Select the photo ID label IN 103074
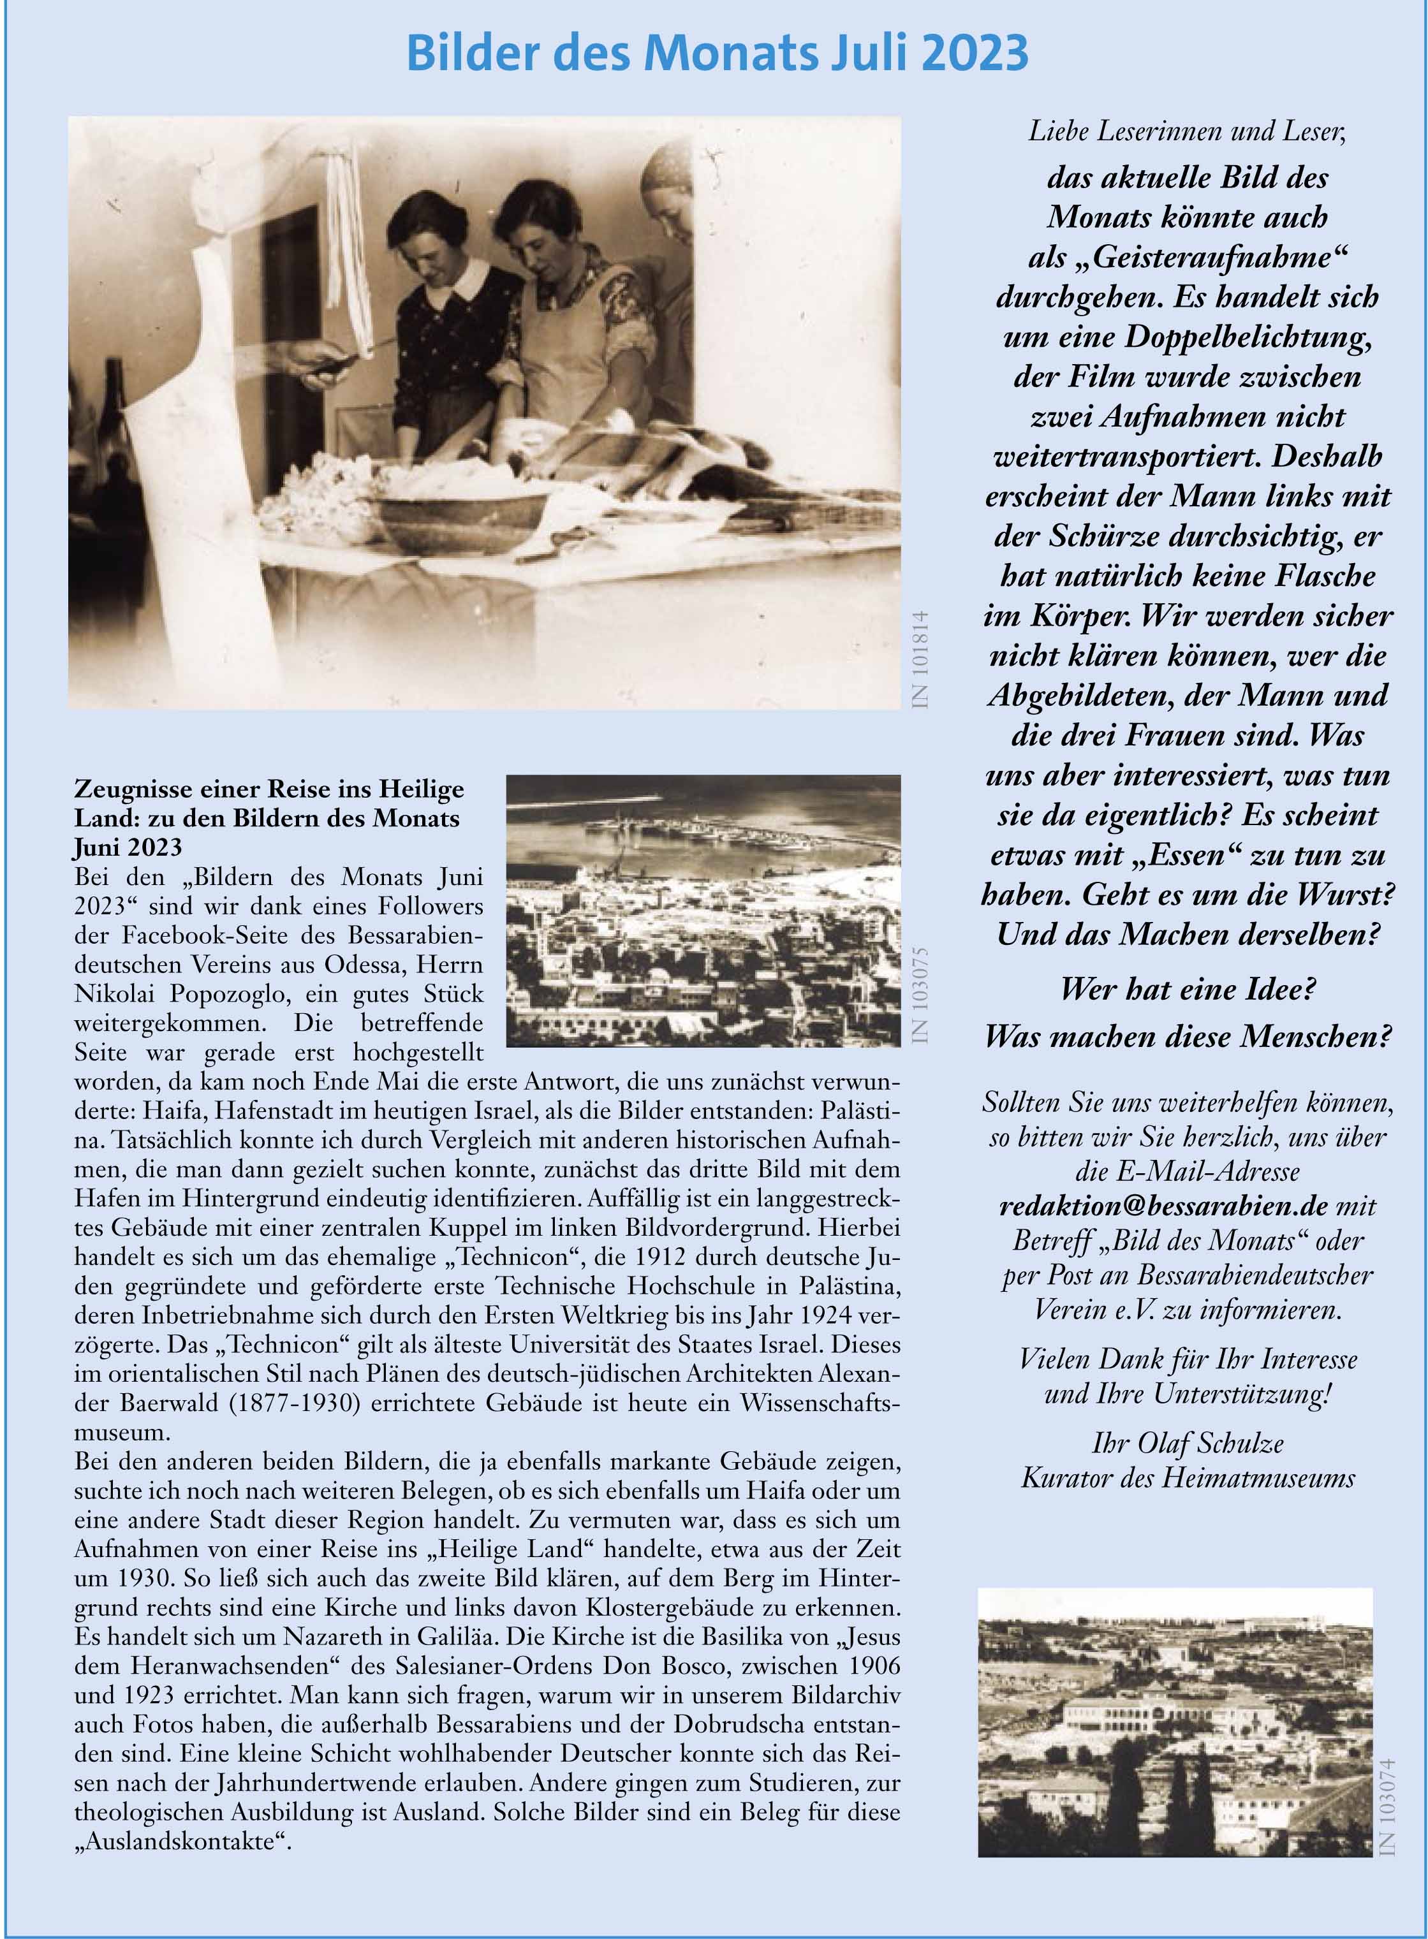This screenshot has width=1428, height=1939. coord(1388,1805)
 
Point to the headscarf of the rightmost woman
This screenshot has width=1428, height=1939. coord(669,173)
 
